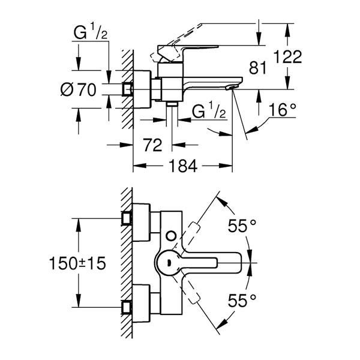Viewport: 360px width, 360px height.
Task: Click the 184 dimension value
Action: tap(183, 166)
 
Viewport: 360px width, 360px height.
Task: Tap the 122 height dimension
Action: tap(287, 57)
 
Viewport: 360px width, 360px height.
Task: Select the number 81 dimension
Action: tap(257, 68)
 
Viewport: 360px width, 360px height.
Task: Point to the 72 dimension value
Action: tap(152, 145)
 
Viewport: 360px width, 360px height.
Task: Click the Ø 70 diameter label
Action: tap(78, 90)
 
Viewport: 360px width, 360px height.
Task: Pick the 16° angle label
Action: tap(283, 110)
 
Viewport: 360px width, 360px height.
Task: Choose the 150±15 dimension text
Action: tap(77, 263)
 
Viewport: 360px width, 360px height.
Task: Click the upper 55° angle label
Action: tap(242, 225)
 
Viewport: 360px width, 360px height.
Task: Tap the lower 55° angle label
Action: tap(242, 301)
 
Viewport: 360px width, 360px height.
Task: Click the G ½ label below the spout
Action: tap(209, 110)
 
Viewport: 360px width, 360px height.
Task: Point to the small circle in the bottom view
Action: tap(171, 236)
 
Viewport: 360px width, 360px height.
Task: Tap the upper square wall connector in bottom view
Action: tap(127, 218)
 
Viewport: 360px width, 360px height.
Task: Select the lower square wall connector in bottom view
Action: tap(127, 307)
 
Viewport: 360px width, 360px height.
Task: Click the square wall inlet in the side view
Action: tap(127, 89)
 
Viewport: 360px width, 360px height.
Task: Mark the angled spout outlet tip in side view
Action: tap(230, 88)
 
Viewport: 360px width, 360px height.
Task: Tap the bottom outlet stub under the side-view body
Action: tap(172, 104)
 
